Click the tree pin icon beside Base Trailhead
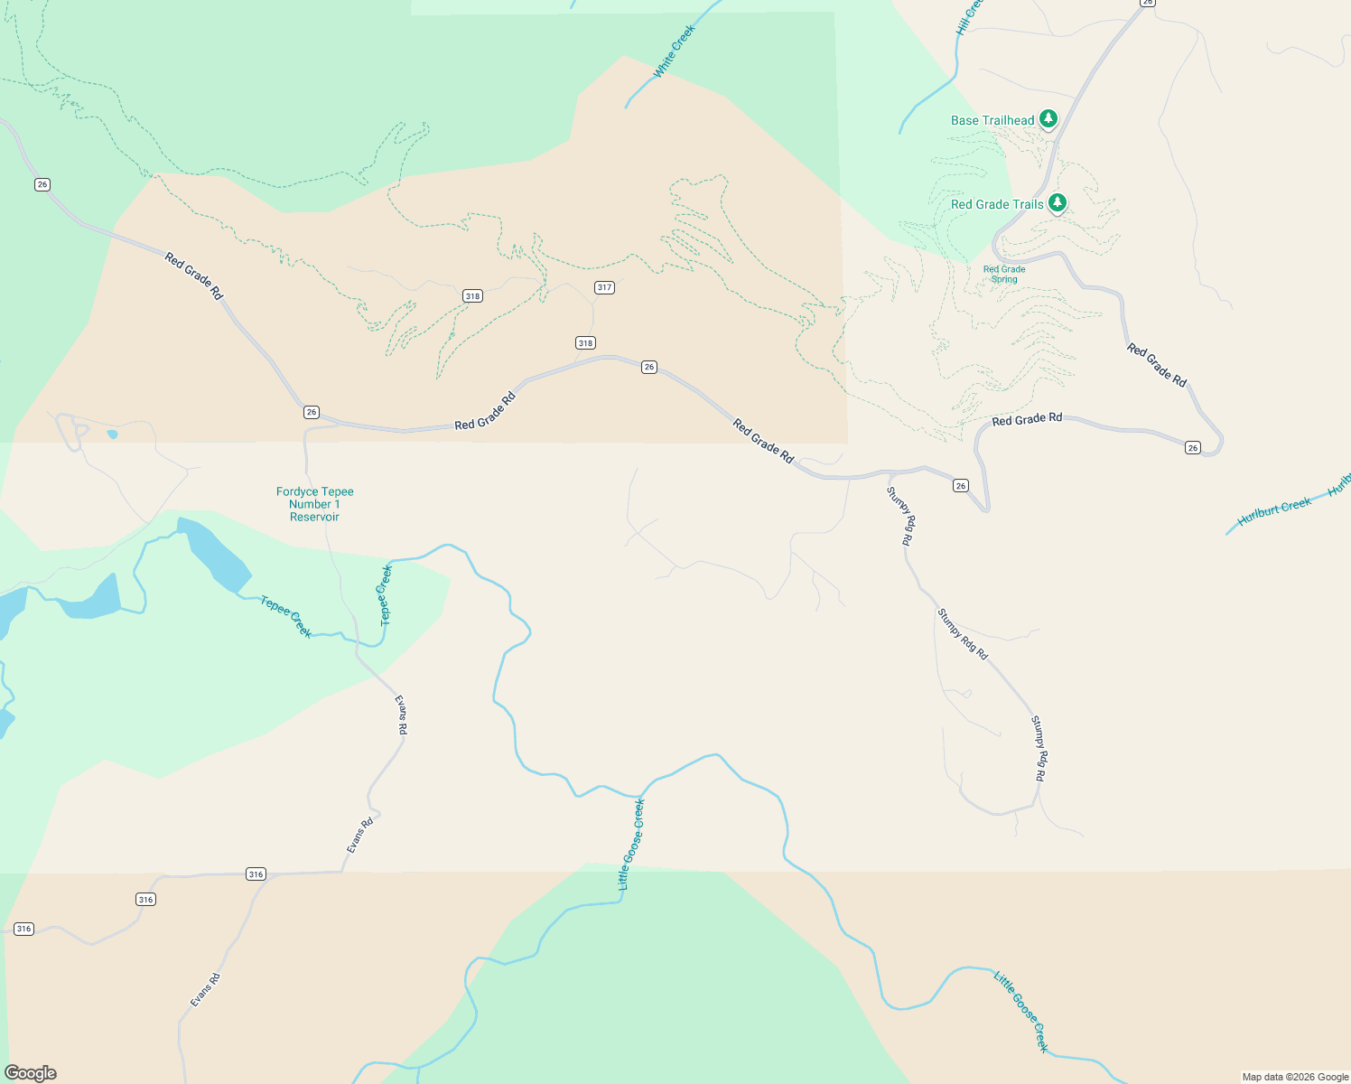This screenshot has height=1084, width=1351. (1048, 118)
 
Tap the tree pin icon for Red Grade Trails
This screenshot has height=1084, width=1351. (1057, 202)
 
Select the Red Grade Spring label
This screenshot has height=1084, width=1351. (1004, 275)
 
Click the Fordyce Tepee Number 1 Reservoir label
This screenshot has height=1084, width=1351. (314, 504)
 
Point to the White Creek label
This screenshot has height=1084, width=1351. (675, 51)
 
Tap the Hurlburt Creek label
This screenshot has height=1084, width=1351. (1273, 511)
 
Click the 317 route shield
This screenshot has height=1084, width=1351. (604, 287)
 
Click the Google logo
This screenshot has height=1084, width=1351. (31, 1073)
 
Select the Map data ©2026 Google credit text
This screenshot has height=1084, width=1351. (1295, 1077)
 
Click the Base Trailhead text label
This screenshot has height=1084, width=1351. (992, 120)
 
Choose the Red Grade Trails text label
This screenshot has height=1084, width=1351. (997, 204)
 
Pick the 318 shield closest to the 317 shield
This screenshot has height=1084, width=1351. (585, 342)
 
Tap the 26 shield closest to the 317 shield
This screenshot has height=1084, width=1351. (648, 367)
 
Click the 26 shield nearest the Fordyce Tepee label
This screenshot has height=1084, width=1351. (312, 412)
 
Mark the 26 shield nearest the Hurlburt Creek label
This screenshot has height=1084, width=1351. (1193, 448)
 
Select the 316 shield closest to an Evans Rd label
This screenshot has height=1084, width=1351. (256, 874)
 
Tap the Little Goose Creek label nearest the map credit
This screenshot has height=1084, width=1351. (1022, 1011)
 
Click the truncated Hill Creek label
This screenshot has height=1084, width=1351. (967, 18)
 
